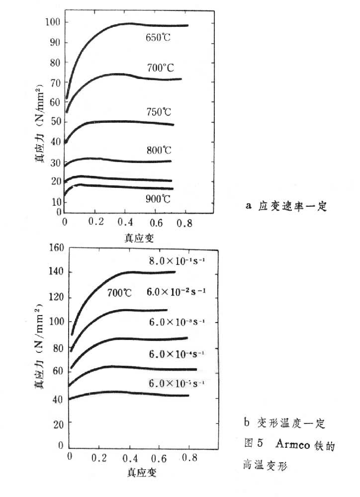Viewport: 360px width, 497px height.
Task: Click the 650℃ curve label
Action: tap(158, 37)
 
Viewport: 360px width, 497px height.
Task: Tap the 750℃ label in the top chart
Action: tap(159, 112)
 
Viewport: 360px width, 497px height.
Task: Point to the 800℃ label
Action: tap(159, 150)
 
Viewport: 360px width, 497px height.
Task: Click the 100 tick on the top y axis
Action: tap(53, 22)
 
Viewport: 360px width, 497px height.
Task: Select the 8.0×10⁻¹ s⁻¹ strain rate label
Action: tap(176, 260)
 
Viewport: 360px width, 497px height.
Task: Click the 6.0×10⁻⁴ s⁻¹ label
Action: tap(176, 354)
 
